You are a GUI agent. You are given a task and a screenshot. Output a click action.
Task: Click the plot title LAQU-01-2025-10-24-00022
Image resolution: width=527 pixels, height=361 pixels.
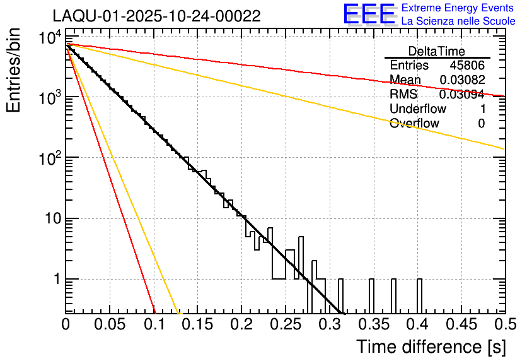156,16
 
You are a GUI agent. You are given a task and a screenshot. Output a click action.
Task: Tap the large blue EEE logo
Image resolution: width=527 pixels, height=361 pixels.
369,15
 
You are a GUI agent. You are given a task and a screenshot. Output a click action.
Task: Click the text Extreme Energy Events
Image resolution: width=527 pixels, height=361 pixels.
458,8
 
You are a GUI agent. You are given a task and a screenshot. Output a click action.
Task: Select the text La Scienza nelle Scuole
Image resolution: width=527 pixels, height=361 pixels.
458,21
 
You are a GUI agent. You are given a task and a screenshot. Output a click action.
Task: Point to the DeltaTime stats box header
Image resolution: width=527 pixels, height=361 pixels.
437,51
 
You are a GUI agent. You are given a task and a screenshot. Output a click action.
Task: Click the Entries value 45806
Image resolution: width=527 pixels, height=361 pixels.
467,66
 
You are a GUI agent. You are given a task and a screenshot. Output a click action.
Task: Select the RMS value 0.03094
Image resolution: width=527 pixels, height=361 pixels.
461,95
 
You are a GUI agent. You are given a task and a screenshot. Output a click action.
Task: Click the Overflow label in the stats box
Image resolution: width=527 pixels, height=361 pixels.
414,124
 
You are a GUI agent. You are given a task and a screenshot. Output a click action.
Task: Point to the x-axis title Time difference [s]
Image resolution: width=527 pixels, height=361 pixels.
430,346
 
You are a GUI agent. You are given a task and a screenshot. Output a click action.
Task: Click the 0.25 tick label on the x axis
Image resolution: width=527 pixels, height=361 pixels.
286,324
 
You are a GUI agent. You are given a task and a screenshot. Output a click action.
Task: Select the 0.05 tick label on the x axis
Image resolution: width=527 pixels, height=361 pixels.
110,324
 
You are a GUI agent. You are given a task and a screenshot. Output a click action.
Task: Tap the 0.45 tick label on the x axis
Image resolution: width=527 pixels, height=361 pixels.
461,324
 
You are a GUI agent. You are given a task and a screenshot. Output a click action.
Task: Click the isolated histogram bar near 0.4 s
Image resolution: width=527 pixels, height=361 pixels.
419,295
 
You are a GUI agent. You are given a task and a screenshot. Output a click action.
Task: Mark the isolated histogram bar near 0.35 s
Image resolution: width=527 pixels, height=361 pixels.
371,295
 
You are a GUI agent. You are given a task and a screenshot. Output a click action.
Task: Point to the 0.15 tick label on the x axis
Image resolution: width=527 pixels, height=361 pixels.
197,324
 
